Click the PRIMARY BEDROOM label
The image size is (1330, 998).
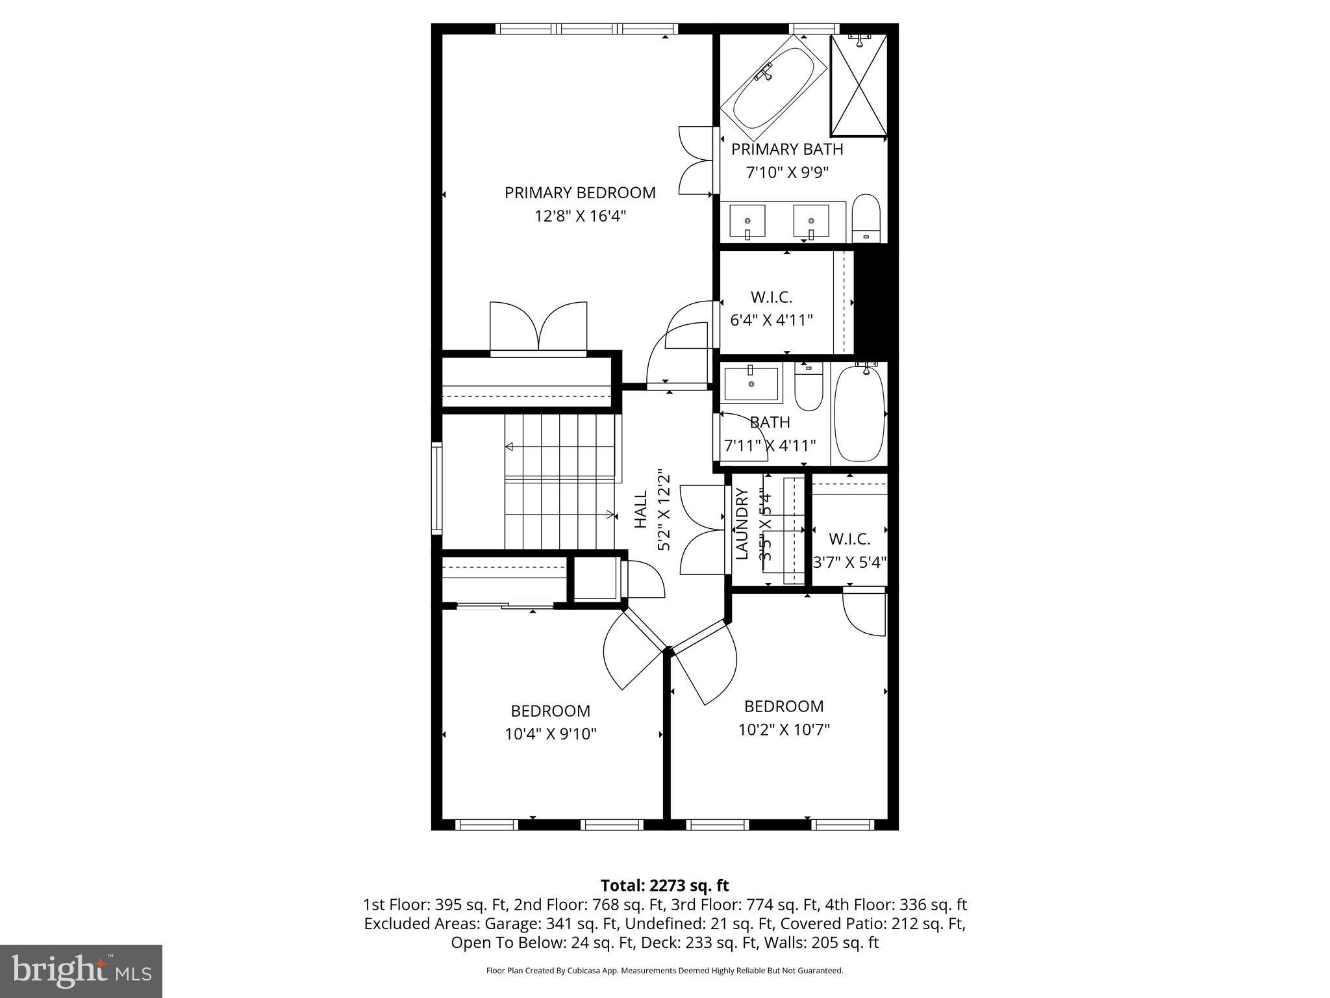click(x=580, y=193)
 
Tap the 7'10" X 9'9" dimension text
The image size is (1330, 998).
click(x=786, y=173)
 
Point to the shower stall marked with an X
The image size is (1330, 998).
click(x=859, y=86)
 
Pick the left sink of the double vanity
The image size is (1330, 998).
click(x=747, y=221)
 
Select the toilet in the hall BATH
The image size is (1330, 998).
click(x=809, y=387)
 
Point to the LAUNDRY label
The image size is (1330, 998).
click(x=742, y=524)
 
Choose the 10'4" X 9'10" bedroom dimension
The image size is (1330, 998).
click(x=551, y=734)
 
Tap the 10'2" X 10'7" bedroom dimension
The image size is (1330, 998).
click(x=784, y=730)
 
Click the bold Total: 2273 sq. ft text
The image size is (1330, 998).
click(x=664, y=886)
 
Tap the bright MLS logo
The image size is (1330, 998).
click(x=81, y=971)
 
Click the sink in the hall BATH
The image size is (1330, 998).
click(x=751, y=384)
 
